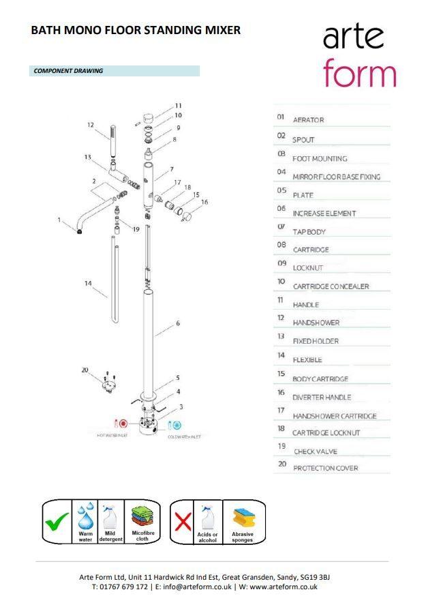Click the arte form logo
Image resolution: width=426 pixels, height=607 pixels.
click(359, 56)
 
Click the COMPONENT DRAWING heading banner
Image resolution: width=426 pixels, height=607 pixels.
click(116, 71)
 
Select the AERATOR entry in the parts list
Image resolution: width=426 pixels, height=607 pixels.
click(308, 120)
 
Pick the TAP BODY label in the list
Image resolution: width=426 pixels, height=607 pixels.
click(309, 232)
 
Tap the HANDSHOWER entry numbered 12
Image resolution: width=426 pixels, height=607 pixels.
click(316, 323)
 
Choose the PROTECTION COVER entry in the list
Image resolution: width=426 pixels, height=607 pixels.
click(325, 468)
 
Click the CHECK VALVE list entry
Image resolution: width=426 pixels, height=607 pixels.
click(316, 451)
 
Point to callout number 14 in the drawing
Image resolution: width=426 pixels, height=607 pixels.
click(89, 283)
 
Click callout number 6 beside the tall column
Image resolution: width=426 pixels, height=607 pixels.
click(178, 323)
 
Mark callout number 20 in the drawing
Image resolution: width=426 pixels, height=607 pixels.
click(85, 370)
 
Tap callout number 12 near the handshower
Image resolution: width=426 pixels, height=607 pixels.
click(90, 125)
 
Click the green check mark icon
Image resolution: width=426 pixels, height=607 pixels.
click(57, 523)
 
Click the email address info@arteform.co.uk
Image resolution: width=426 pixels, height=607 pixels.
click(193, 587)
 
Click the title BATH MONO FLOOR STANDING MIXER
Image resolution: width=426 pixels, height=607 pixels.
click(136, 30)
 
